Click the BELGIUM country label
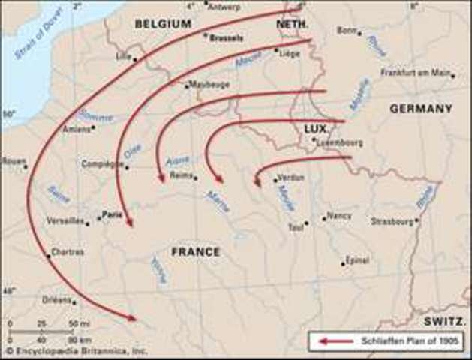coord(163,24)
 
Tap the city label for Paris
coord(112,213)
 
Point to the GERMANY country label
coord(421,109)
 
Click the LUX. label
coord(316,129)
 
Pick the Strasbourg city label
coord(392,221)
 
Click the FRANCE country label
coord(196,252)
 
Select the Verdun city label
coord(290,177)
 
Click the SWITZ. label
coord(444,320)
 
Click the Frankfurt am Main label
coord(416,73)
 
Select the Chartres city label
coord(68,252)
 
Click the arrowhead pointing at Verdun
coord(257,182)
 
